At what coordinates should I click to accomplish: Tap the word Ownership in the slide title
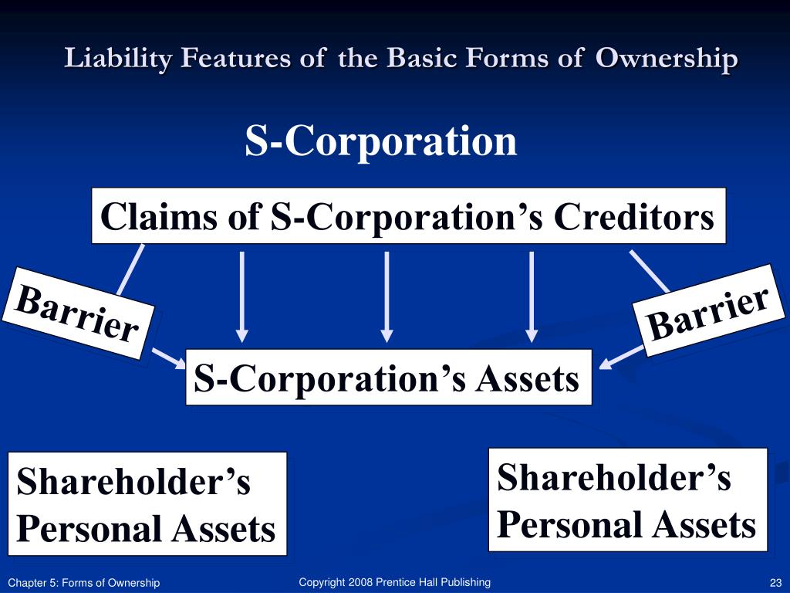(x=666, y=59)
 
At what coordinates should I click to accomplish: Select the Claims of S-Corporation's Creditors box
(x=408, y=216)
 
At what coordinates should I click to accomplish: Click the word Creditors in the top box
(x=634, y=217)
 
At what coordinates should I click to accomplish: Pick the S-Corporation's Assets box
(x=388, y=378)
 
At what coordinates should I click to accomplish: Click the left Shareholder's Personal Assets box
(x=147, y=504)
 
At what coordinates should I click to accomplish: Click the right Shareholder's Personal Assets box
(x=627, y=500)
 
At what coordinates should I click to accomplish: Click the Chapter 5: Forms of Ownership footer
(x=83, y=583)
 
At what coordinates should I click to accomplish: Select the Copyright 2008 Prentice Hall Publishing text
(x=394, y=582)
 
